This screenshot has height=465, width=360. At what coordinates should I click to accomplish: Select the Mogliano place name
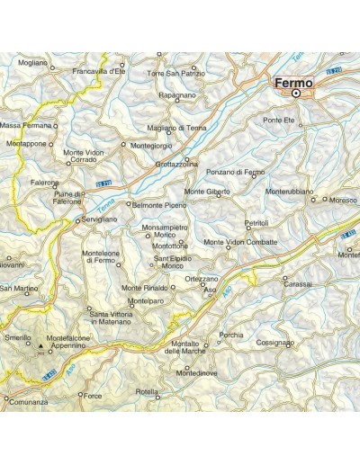pos(32,63)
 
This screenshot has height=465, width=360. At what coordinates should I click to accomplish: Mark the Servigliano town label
pos(101,219)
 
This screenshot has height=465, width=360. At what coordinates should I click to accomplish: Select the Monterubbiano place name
pos(290,192)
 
